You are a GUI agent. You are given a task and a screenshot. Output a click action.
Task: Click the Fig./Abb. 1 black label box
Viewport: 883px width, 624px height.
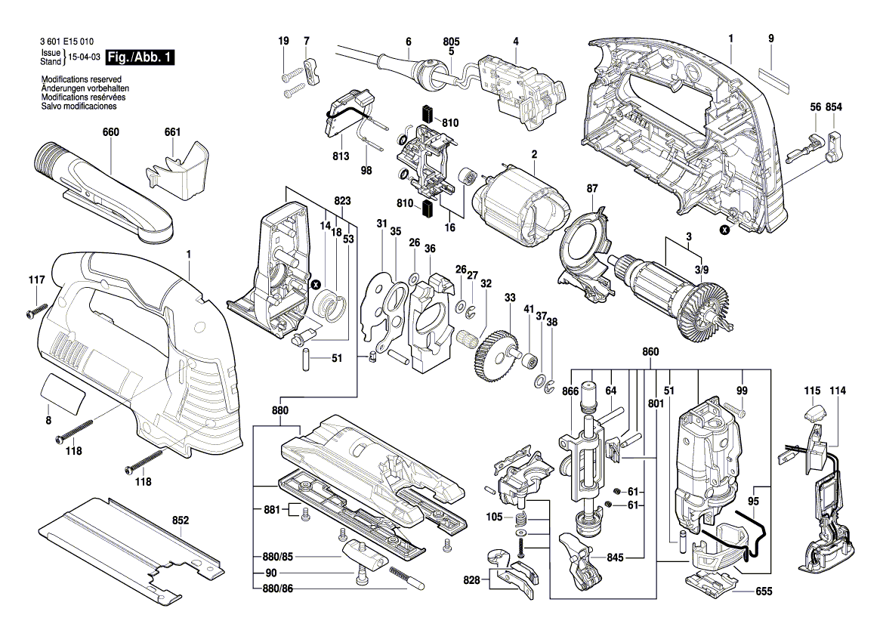[140, 57]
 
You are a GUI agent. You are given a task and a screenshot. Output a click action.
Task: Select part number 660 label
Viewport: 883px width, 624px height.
[111, 133]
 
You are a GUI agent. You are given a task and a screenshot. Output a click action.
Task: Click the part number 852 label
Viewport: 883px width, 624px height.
[181, 521]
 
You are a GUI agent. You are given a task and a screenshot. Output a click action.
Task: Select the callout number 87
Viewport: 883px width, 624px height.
[592, 188]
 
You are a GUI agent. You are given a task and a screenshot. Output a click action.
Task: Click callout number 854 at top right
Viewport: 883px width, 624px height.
[834, 108]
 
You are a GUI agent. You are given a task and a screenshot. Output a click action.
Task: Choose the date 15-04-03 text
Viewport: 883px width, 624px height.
[84, 57]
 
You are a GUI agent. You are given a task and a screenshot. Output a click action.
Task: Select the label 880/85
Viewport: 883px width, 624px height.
[275, 557]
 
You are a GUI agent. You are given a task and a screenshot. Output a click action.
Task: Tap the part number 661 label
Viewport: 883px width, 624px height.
[172, 133]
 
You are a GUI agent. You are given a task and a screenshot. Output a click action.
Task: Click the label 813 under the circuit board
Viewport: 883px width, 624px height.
[340, 156]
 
